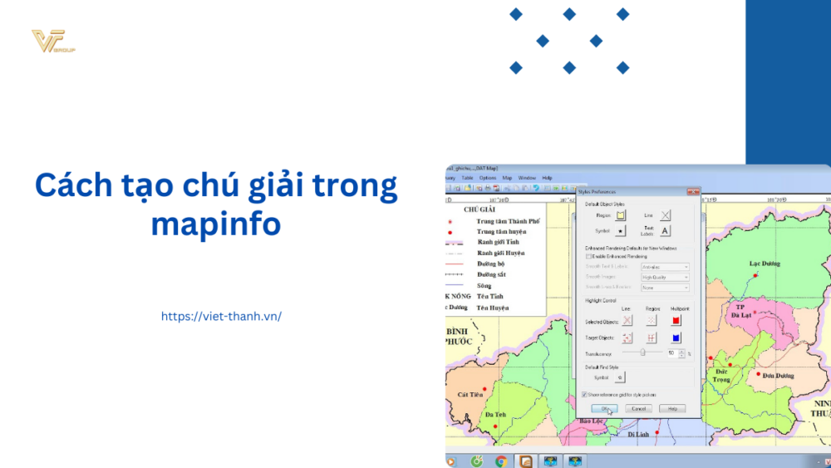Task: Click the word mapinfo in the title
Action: [216, 223]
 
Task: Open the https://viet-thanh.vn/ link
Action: [221, 316]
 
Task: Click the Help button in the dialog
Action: [671, 409]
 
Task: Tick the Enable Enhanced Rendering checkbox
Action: [589, 257]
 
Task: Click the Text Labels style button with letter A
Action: [666, 231]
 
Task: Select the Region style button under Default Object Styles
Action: [620, 215]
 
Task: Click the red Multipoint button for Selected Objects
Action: [676, 320]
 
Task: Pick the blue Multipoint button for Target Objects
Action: [676, 337]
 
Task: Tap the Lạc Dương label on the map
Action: [765, 264]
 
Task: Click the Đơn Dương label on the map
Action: [779, 376]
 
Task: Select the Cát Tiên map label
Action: [470, 394]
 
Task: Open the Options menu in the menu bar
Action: [488, 178]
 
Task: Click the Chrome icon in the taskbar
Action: [501, 461]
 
